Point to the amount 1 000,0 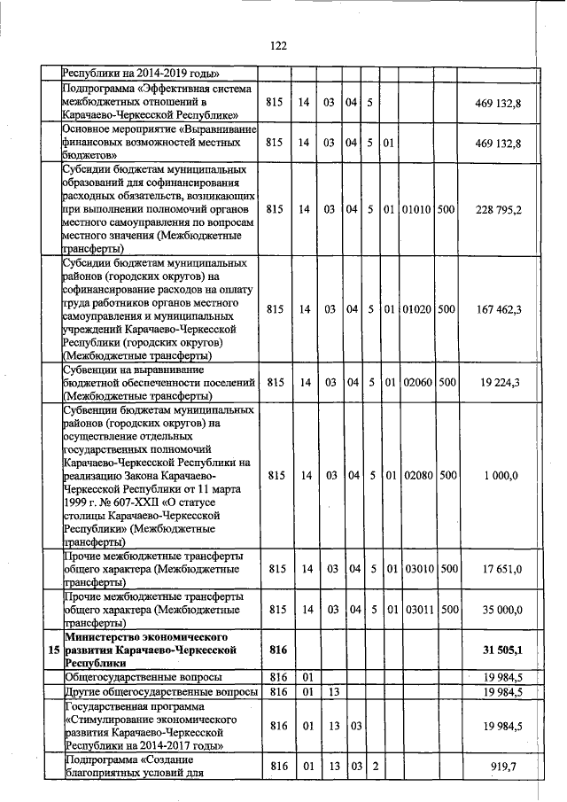(501, 475)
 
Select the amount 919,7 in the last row (506, 765)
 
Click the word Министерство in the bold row (105, 637)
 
